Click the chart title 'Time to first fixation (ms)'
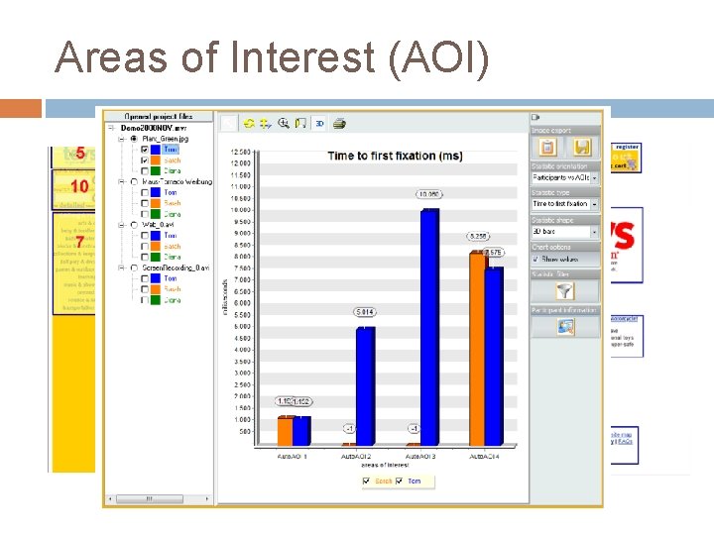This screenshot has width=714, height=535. click(x=395, y=157)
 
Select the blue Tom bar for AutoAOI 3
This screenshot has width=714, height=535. click(x=430, y=327)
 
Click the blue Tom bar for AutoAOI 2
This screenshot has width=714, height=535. click(x=366, y=385)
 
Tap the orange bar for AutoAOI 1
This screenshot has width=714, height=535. click(x=286, y=431)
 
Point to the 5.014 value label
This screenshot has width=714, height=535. click(x=363, y=313)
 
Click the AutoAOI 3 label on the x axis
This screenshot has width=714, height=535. click(x=420, y=455)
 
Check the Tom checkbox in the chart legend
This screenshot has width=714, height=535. click(x=400, y=481)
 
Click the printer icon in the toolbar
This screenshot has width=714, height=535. click(x=339, y=124)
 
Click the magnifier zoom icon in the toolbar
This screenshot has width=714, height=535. click(x=283, y=124)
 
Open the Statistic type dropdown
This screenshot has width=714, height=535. click(x=565, y=204)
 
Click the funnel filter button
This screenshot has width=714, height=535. click(x=565, y=291)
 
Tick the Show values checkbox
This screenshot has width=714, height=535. click(x=536, y=259)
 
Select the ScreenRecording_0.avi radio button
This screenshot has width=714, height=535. click(x=134, y=267)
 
